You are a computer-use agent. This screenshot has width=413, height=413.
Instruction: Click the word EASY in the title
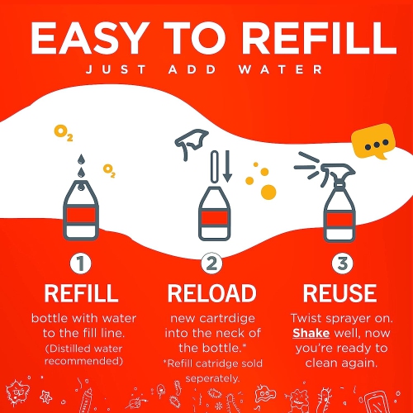(88, 38)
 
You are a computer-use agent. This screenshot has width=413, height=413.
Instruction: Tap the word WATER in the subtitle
(280, 69)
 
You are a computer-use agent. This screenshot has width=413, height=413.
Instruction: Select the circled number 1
(81, 263)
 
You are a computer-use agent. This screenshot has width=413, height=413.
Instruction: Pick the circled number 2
(211, 263)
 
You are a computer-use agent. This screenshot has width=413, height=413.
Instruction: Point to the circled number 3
(342, 263)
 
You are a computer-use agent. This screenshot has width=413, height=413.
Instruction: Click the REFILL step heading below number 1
(82, 293)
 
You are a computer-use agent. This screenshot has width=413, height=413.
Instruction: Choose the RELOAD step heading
(212, 293)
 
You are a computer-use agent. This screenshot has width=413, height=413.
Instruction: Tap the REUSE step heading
(339, 293)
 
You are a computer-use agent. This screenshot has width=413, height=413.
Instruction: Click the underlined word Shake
(311, 333)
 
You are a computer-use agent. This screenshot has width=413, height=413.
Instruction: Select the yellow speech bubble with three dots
(373, 140)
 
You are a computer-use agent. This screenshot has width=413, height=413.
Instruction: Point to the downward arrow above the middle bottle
(227, 166)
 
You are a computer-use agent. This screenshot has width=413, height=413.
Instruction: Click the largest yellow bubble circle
(268, 192)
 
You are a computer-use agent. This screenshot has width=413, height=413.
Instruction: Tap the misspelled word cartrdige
(227, 319)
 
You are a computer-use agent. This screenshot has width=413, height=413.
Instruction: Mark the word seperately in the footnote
(212, 378)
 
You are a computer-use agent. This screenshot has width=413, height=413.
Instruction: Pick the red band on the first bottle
(81, 216)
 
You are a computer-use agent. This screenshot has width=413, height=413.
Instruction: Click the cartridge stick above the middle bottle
(215, 167)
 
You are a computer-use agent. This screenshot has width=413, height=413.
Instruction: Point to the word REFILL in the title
(320, 38)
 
